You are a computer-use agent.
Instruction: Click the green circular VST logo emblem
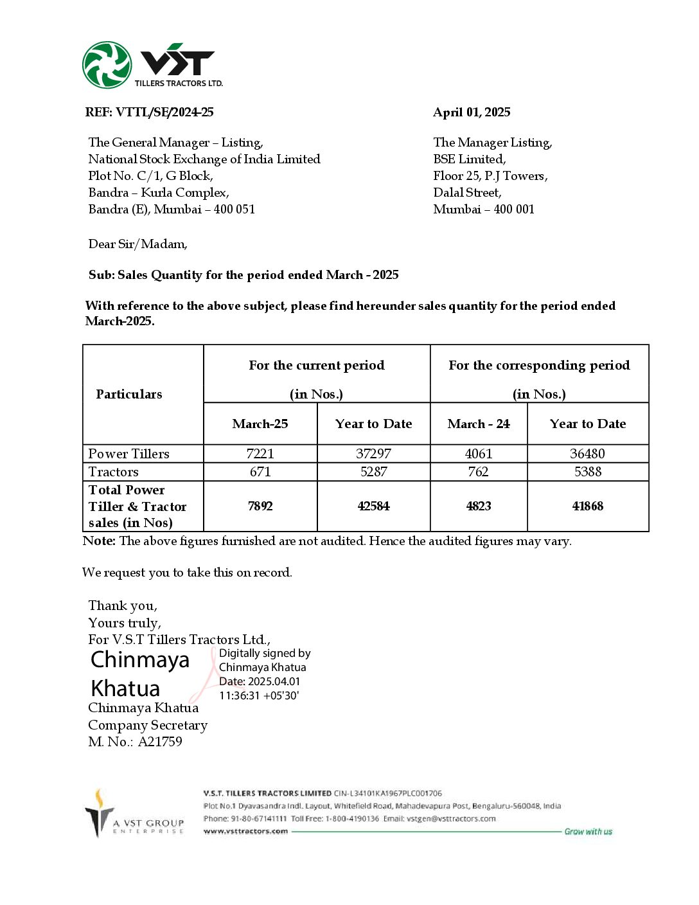pyautogui.click(x=107, y=65)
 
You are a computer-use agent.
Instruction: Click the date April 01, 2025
pyautogui.click(x=472, y=112)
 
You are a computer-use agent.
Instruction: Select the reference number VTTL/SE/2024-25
pyautogui.click(x=164, y=112)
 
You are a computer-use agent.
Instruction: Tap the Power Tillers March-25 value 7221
pyautogui.click(x=260, y=454)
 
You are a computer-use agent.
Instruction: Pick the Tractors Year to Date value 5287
pyautogui.click(x=373, y=472)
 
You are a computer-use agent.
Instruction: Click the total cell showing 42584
pyautogui.click(x=373, y=506)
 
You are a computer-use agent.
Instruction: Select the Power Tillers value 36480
pyautogui.click(x=587, y=454)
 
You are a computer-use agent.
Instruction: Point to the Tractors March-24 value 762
pyautogui.click(x=478, y=472)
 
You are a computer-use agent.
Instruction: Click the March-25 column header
pyautogui.click(x=260, y=424)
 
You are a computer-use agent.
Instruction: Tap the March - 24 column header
pyautogui.click(x=479, y=424)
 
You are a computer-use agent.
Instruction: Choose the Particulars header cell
pyautogui.click(x=129, y=394)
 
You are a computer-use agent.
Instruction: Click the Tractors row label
pyautogui.click(x=114, y=472)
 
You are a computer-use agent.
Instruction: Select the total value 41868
pyautogui.click(x=587, y=506)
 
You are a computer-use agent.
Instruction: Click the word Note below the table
pyautogui.click(x=98, y=541)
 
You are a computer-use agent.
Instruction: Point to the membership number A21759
pyautogui.click(x=160, y=742)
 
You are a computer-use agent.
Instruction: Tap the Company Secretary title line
pyautogui.click(x=148, y=725)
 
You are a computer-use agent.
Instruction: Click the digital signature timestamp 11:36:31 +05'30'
pyautogui.click(x=259, y=695)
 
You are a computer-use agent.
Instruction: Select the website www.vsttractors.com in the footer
pyautogui.click(x=245, y=831)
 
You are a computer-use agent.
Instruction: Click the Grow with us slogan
pyautogui.click(x=588, y=832)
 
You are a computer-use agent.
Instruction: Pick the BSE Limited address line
pyautogui.click(x=469, y=159)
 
